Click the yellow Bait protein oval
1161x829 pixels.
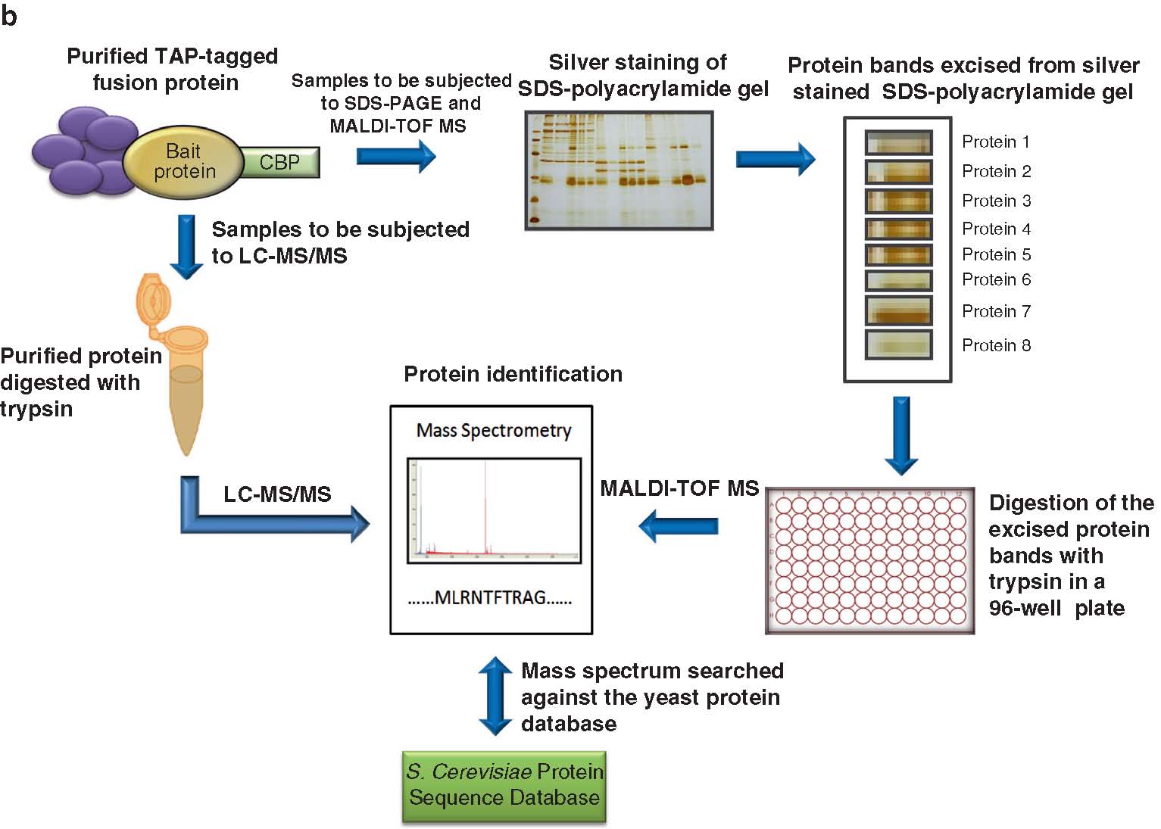point(183,161)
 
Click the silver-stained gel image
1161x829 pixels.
point(619,170)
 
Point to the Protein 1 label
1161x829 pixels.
point(995,142)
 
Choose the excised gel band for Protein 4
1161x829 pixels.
point(898,229)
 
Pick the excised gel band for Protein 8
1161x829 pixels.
point(898,345)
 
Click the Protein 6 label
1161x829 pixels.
point(996,279)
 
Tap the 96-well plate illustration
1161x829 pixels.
point(869,560)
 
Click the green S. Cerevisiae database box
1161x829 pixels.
point(504,786)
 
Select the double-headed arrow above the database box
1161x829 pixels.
point(495,696)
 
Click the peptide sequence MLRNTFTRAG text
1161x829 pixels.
point(490,598)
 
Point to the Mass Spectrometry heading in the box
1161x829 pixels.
point(494,431)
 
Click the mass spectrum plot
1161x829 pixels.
point(494,510)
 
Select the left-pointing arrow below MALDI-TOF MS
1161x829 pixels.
point(679,525)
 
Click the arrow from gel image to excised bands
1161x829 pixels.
point(775,159)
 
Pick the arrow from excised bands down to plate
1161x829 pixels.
point(900,435)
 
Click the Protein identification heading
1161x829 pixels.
point(513,374)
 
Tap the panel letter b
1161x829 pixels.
point(9,15)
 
